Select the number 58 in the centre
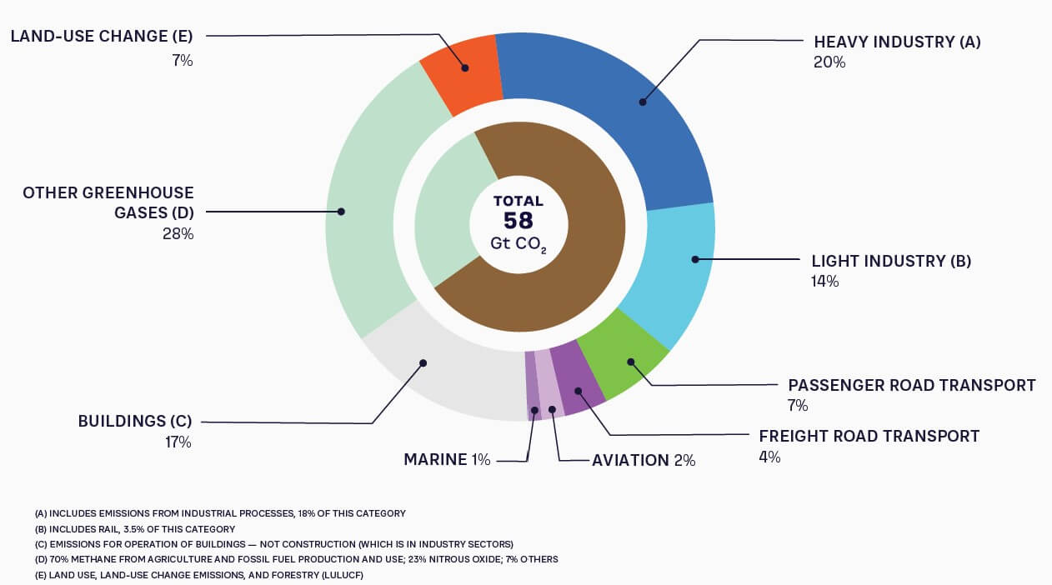coord(518,222)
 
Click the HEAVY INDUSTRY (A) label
coord(897,42)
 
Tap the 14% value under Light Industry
coord(825,282)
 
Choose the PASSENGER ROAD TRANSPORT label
coord(912,385)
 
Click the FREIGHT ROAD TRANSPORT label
coord(869,436)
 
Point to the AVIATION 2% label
coord(644,460)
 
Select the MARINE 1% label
coord(447,460)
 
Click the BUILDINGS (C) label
coord(135,421)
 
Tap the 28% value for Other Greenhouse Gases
coord(178,234)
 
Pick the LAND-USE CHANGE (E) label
coord(102,36)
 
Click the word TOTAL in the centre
coord(518,201)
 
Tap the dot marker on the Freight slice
coord(576,391)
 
